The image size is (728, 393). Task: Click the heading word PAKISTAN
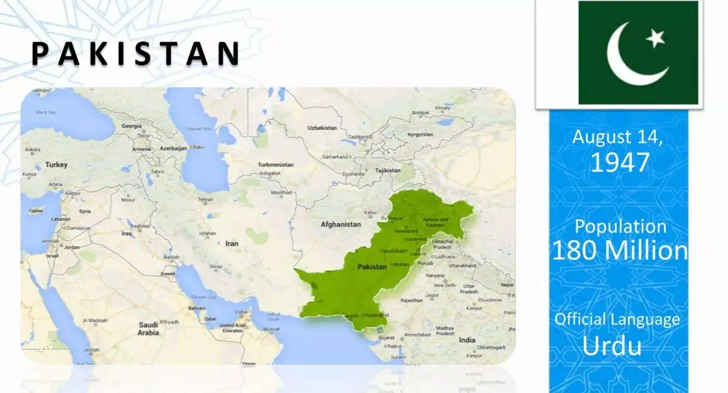coord(135,53)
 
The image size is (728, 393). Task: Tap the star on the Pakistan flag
coord(655,38)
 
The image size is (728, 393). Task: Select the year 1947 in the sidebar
coord(620,162)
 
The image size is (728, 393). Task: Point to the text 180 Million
coord(620,250)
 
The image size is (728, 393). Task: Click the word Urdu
coord(612,346)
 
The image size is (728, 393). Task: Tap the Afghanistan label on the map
coord(340,224)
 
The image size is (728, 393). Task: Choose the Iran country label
coord(231,244)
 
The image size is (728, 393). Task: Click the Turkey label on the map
coord(56,164)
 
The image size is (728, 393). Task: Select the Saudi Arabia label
coord(148,328)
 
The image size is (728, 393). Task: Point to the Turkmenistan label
coord(275,165)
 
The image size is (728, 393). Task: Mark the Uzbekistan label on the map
coord(322,128)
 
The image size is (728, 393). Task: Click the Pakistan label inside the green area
coord(372,267)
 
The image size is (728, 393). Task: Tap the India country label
coord(467,340)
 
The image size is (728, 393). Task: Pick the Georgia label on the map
coord(131,126)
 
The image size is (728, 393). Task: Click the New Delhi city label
coord(444,285)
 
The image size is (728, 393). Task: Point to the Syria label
coord(85,211)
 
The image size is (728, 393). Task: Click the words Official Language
coord(617,319)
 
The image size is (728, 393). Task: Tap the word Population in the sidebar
coord(620,226)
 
